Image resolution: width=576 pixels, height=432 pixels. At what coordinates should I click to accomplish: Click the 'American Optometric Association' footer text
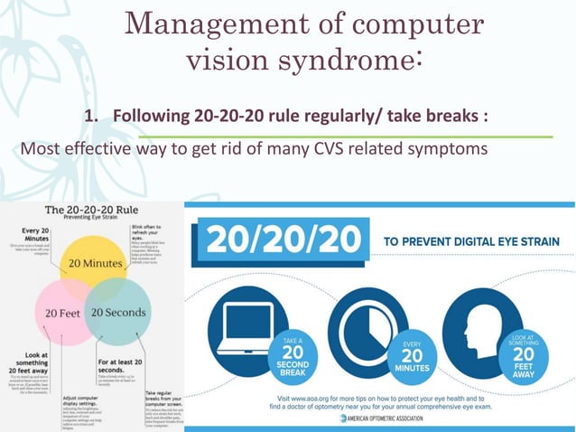[392, 418]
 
